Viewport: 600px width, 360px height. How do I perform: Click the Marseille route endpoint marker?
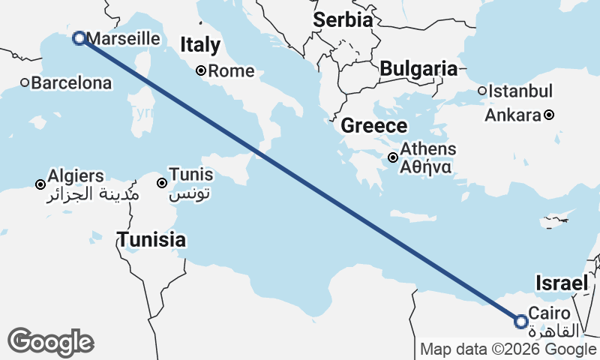(x=79, y=38)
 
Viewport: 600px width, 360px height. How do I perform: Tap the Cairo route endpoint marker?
(x=521, y=321)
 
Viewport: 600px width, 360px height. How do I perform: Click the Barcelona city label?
(x=72, y=82)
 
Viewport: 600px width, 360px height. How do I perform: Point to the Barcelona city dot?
(x=25, y=82)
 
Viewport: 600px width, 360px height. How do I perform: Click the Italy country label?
(x=200, y=45)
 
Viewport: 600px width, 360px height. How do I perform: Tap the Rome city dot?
(x=201, y=71)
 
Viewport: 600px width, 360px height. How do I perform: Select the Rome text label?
(x=231, y=72)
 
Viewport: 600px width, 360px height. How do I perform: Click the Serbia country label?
(x=343, y=20)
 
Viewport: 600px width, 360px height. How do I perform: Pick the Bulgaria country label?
(x=418, y=69)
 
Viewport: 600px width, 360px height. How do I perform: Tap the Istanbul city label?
(x=520, y=91)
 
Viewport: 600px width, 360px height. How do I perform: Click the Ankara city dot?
(x=549, y=115)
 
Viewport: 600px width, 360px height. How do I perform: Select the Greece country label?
(x=374, y=125)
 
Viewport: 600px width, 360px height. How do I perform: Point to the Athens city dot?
(x=393, y=157)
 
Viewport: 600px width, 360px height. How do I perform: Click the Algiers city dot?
(x=40, y=184)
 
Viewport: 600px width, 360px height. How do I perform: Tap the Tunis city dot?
(x=161, y=183)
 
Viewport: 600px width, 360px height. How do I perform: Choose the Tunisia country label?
(x=151, y=240)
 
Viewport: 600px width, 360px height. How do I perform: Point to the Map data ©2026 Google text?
(x=508, y=349)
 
